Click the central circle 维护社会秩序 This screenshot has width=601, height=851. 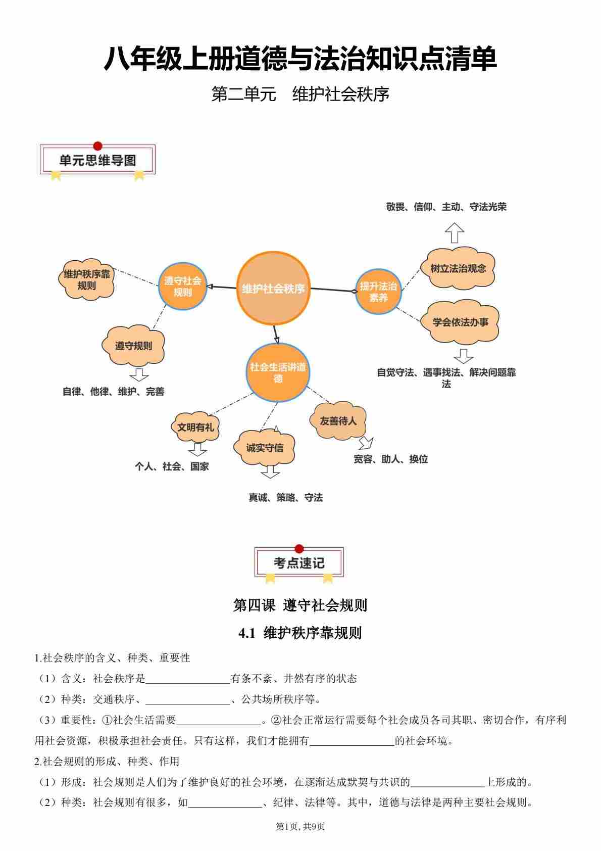point(273,289)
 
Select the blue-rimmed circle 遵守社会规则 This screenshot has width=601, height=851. point(182,286)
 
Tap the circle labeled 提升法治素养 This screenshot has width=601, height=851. point(378,292)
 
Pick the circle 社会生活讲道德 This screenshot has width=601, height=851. point(278,373)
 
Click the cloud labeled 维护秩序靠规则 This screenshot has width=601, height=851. point(87,279)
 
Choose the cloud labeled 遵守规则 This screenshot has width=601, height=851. point(133,346)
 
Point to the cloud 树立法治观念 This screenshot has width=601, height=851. point(458,268)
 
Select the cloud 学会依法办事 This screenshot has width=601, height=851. point(460,322)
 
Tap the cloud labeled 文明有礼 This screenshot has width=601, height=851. point(195,427)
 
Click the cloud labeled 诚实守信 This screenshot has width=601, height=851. point(265,447)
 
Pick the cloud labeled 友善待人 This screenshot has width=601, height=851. point(338,420)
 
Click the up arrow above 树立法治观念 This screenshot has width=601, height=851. point(455,232)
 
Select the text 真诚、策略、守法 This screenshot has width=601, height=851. point(285,498)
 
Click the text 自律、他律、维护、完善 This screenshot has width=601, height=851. point(113,392)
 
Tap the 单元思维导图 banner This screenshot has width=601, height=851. point(97,161)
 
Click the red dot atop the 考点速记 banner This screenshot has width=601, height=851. point(299,549)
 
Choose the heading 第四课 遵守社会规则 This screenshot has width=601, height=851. point(300,605)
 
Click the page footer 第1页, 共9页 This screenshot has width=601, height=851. point(300,827)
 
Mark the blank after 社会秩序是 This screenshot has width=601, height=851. point(187,679)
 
